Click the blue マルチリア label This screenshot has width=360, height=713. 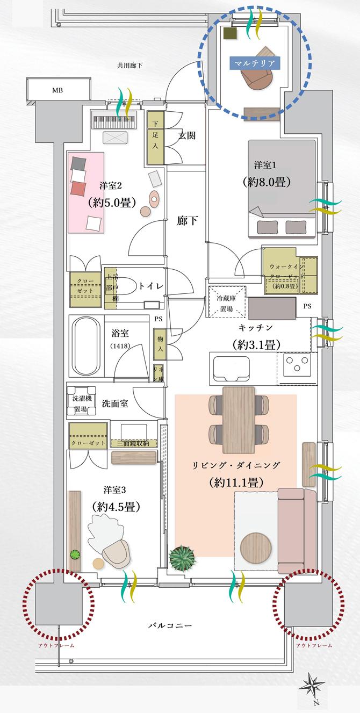coord(255,63)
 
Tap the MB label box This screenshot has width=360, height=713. coord(57,90)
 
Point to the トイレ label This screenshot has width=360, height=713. coord(151,286)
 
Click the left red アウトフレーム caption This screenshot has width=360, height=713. coord(56,645)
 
